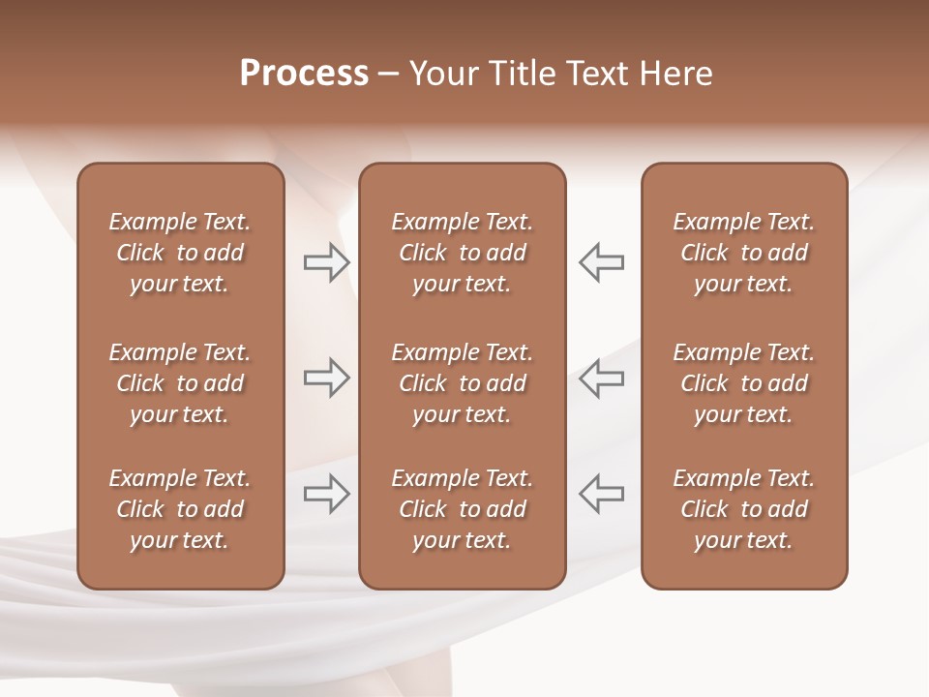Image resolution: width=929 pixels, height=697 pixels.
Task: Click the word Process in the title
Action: [x=304, y=74]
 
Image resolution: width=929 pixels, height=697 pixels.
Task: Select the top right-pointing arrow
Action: [x=326, y=262]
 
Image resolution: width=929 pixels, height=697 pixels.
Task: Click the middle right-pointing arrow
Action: [x=326, y=378]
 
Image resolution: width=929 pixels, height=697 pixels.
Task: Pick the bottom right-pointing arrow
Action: [x=326, y=494]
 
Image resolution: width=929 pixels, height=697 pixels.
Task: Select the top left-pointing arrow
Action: [x=602, y=262]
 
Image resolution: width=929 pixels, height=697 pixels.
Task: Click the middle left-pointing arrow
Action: [x=602, y=378]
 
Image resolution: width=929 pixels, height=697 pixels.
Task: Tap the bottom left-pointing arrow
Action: [x=602, y=494]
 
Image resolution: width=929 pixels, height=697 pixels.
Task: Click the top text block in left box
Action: [x=180, y=253]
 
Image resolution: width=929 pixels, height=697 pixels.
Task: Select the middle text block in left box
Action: [x=180, y=383]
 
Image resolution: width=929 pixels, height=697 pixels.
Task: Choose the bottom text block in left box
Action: [x=180, y=509]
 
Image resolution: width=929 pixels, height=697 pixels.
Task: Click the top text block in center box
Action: [x=463, y=253]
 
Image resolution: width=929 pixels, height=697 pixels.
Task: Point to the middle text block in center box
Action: [x=463, y=383]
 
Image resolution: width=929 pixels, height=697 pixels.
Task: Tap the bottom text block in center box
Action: [x=463, y=509]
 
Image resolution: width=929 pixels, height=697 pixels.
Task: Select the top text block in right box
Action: [x=744, y=253]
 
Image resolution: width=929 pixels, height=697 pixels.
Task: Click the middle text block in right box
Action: [x=744, y=383]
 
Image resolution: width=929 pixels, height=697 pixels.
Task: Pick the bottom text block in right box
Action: [x=744, y=509]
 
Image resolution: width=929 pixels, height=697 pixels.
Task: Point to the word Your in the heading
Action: [x=442, y=74]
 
